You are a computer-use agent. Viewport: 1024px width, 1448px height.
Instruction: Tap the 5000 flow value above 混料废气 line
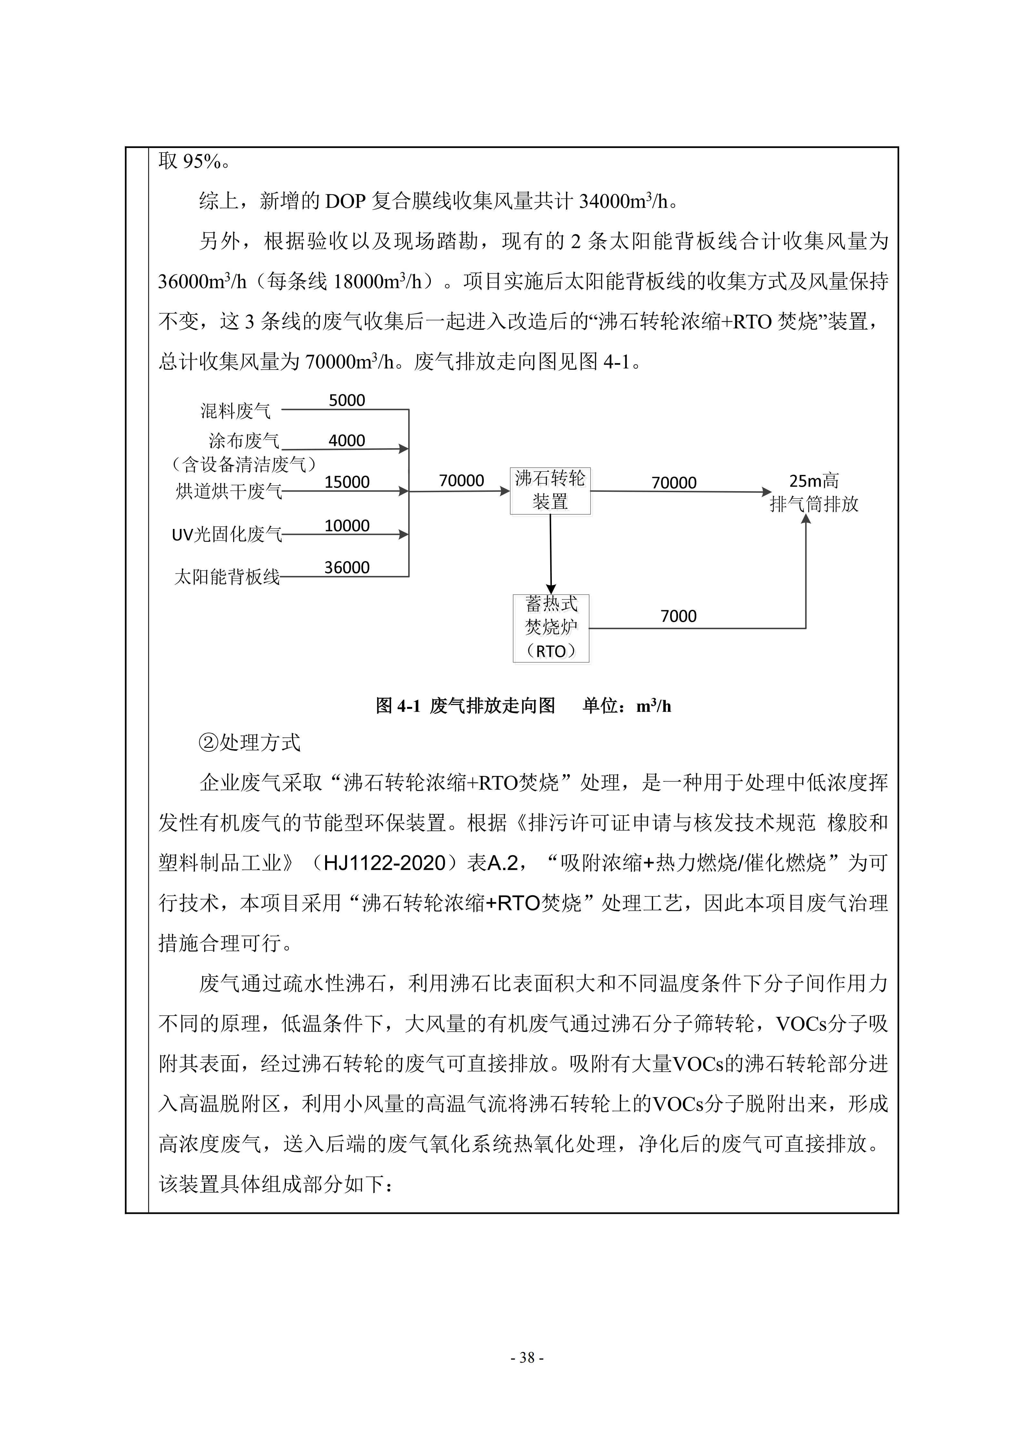tap(347, 401)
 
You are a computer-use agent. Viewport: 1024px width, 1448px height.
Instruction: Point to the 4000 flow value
tap(347, 441)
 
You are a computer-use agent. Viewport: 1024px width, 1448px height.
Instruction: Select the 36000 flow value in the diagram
tap(347, 568)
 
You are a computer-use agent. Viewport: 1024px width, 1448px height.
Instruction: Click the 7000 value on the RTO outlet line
tap(679, 616)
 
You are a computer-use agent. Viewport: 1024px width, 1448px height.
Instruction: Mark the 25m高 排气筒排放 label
tap(814, 492)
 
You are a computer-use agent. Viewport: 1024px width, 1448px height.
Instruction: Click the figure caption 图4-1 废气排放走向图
tap(465, 706)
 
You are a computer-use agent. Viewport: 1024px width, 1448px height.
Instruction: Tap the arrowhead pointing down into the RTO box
tap(551, 590)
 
